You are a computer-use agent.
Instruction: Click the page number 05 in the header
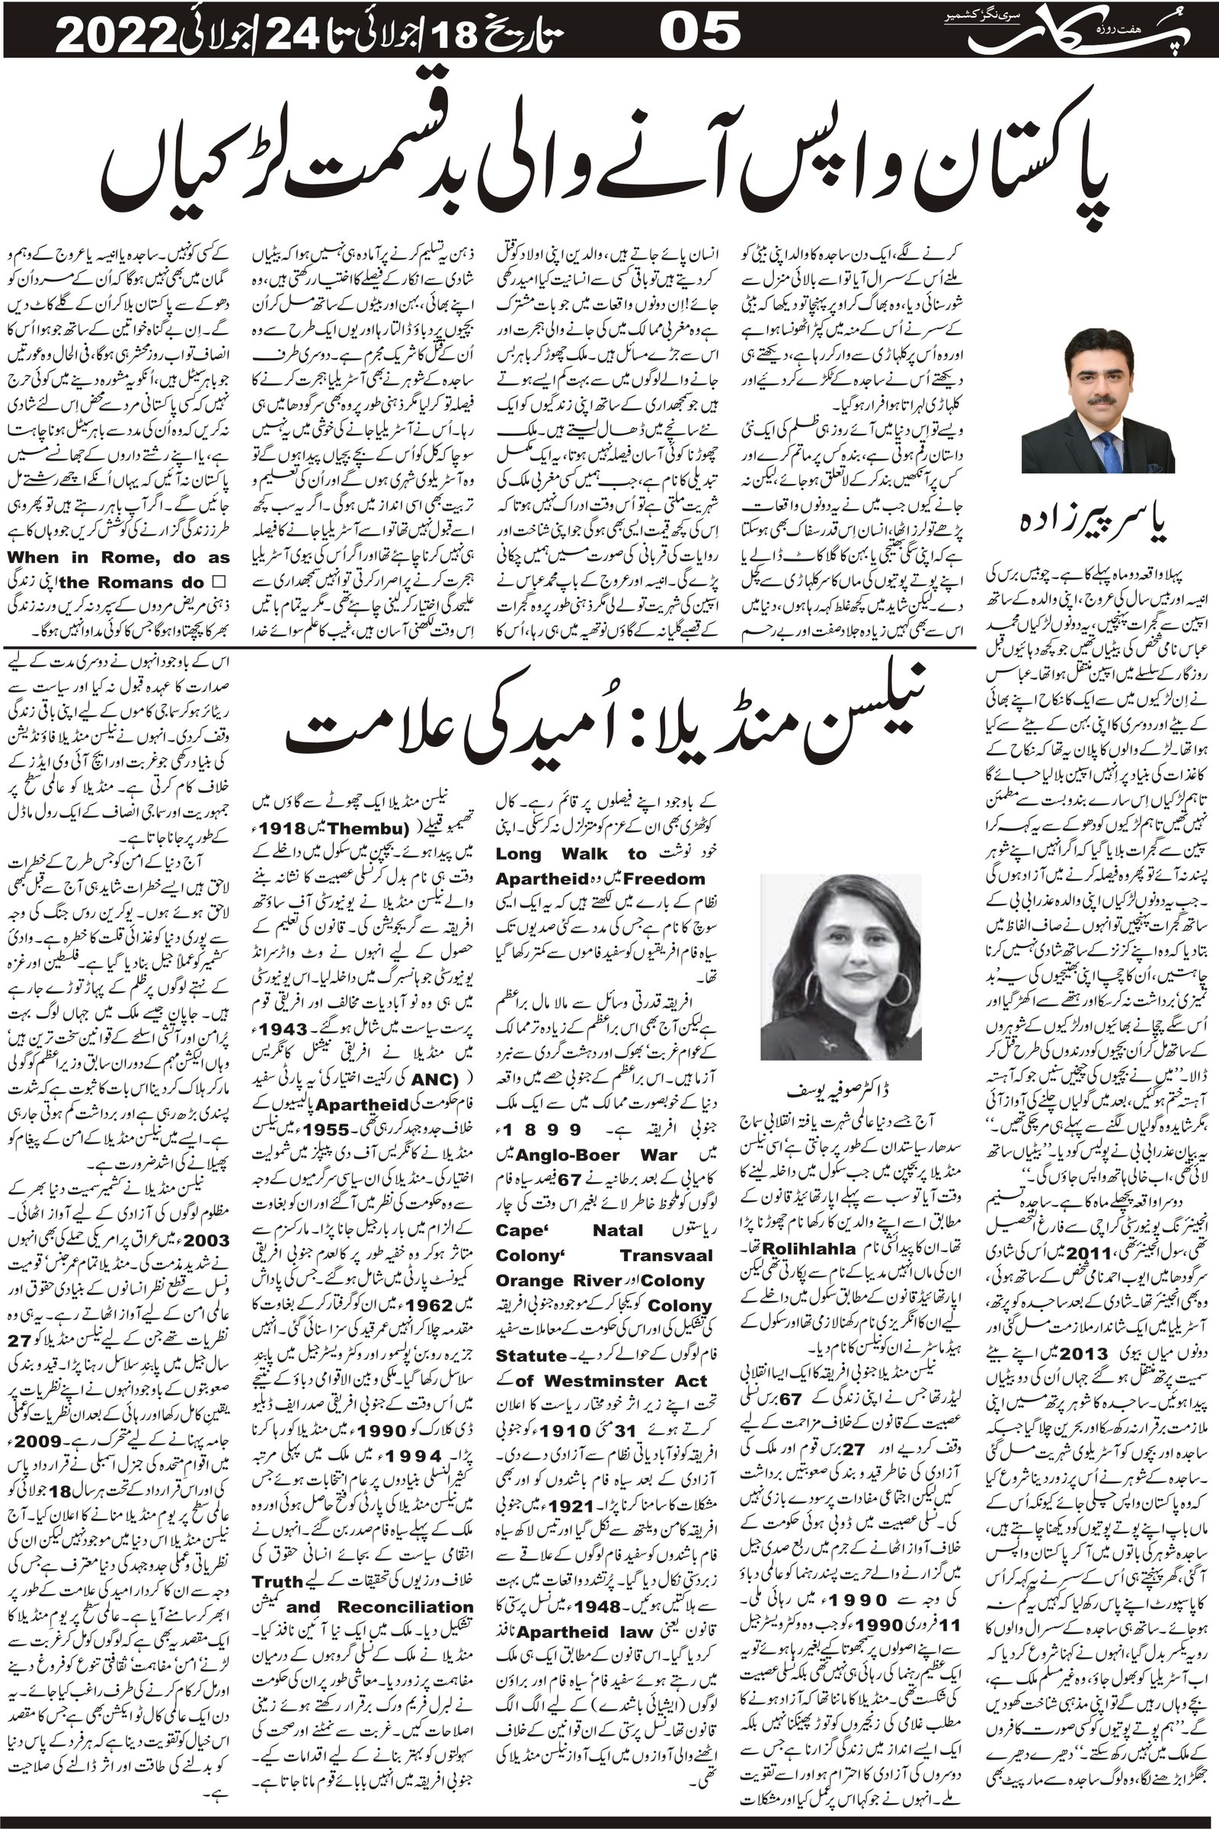coord(699,34)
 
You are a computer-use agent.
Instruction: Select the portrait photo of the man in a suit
coord(1098,401)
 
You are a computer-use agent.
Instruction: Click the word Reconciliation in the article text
coord(405,1579)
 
